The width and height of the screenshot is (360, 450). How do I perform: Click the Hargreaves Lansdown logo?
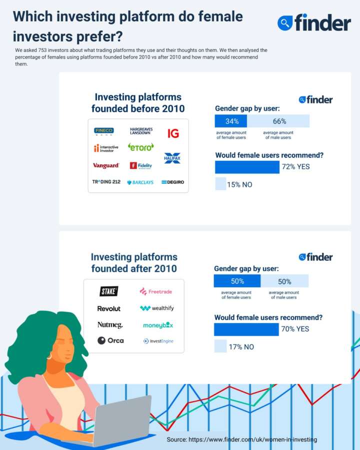pyautogui.click(x=141, y=131)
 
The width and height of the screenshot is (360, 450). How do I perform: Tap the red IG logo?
pyautogui.click(x=173, y=133)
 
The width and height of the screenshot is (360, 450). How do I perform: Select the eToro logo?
pyautogui.click(x=141, y=147)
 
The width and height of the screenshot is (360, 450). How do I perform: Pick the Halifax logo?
pyautogui.click(x=172, y=158)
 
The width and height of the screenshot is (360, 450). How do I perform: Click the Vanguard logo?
pyautogui.click(x=106, y=165)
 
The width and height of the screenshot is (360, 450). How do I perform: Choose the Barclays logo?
pyautogui.click(x=140, y=182)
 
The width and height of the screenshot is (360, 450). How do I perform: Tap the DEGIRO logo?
pyautogui.click(x=172, y=182)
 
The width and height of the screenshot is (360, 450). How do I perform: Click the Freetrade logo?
pyautogui.click(x=157, y=291)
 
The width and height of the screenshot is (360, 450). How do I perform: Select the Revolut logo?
pyautogui.click(x=109, y=308)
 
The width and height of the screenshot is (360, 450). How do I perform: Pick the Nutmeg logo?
pyautogui.click(x=110, y=325)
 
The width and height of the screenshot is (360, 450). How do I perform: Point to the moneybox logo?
pyautogui.click(x=158, y=325)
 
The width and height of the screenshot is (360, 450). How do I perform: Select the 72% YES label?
pyautogui.click(x=296, y=166)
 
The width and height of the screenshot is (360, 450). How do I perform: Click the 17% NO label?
pyautogui.click(x=241, y=347)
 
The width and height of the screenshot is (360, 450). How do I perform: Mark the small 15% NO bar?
pyautogui.click(x=220, y=184)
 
